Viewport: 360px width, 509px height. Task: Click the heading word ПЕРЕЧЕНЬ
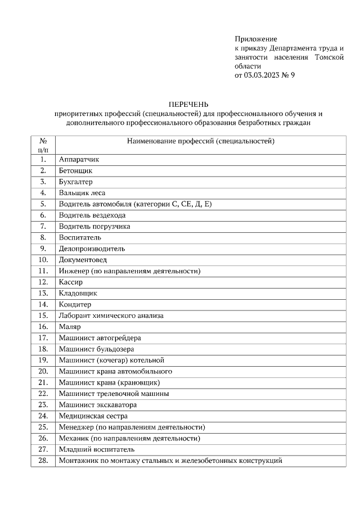click(x=189, y=103)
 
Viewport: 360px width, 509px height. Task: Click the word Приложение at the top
click(x=256, y=39)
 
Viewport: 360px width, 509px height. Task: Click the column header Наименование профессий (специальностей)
click(x=201, y=141)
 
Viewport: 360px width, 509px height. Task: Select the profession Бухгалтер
click(x=75, y=182)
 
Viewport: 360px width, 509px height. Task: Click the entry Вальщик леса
click(x=82, y=193)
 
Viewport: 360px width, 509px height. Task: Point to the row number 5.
click(x=43, y=204)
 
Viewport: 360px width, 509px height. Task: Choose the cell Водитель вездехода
click(x=92, y=215)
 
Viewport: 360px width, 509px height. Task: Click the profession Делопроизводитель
click(x=92, y=249)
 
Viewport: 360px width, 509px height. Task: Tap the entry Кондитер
click(x=75, y=304)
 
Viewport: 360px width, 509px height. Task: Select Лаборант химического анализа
click(x=111, y=316)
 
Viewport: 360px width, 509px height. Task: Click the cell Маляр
click(x=70, y=327)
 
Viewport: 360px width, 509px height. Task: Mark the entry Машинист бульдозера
click(x=96, y=349)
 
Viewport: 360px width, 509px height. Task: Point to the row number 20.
click(x=43, y=371)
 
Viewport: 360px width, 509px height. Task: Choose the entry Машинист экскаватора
click(x=98, y=405)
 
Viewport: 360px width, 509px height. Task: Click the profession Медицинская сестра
click(x=93, y=416)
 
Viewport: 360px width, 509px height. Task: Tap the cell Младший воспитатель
click(x=96, y=449)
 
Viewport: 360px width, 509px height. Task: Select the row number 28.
click(x=43, y=461)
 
